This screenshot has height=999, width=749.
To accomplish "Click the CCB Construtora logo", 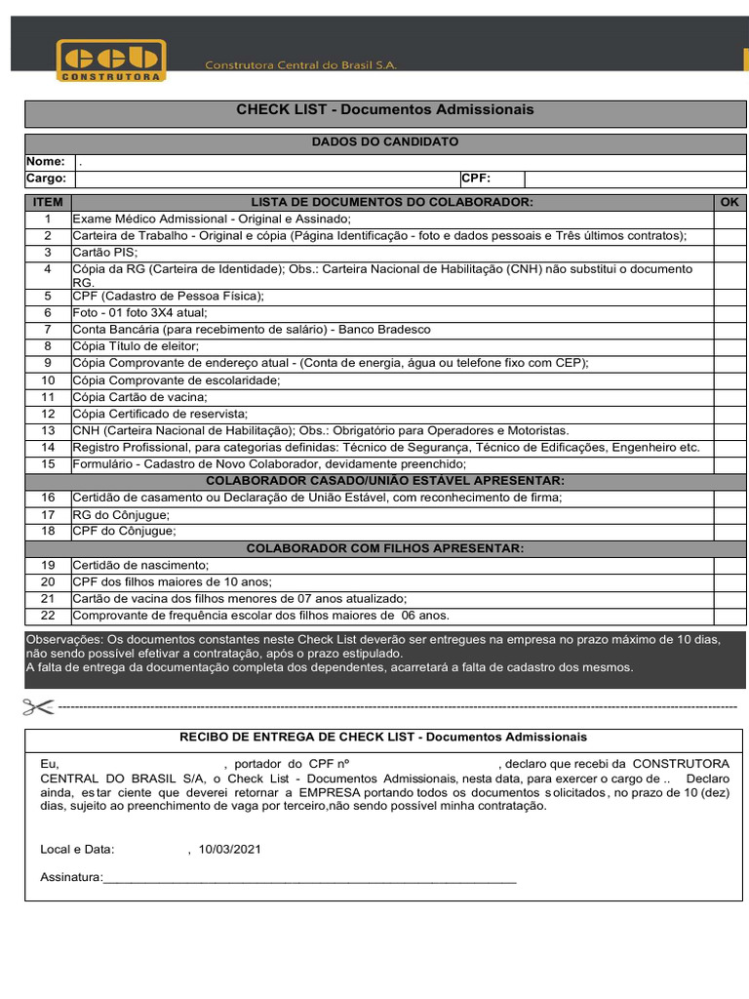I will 111,60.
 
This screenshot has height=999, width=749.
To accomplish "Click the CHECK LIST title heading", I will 385,110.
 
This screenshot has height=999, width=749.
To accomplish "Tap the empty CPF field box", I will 634,179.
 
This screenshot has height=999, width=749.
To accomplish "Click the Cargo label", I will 46,179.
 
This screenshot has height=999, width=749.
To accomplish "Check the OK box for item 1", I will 729,220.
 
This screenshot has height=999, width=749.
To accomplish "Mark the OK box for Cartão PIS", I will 729,252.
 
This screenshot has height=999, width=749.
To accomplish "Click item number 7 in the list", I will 48,330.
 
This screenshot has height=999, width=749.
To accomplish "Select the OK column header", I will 729,202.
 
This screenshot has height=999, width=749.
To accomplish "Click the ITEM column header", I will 48,202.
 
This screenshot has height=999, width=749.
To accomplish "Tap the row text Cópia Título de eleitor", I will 136,345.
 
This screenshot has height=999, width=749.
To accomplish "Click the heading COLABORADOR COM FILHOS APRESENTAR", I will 385,548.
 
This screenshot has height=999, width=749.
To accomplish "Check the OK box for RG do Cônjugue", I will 729,514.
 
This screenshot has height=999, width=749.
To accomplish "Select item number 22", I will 48,616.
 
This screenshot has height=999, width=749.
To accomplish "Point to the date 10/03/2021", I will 229,850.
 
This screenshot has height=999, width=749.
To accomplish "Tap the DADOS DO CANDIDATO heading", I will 385,142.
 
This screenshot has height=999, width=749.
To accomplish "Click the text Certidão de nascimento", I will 140,565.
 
